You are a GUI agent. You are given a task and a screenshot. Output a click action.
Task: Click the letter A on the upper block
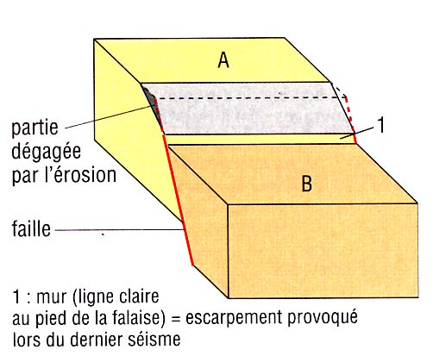(x=223, y=60)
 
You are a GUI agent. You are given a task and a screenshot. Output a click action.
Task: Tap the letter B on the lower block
(x=307, y=184)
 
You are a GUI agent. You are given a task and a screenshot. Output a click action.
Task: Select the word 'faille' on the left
(x=31, y=229)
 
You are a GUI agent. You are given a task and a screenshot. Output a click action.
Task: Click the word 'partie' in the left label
(x=35, y=128)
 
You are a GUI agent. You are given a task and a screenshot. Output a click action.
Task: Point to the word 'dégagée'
(x=46, y=152)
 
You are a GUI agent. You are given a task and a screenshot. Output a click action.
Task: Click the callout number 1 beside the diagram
(x=381, y=125)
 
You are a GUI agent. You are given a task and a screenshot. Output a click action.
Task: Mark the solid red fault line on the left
(x=178, y=199)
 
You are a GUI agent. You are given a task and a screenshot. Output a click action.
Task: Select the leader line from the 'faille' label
(x=119, y=230)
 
